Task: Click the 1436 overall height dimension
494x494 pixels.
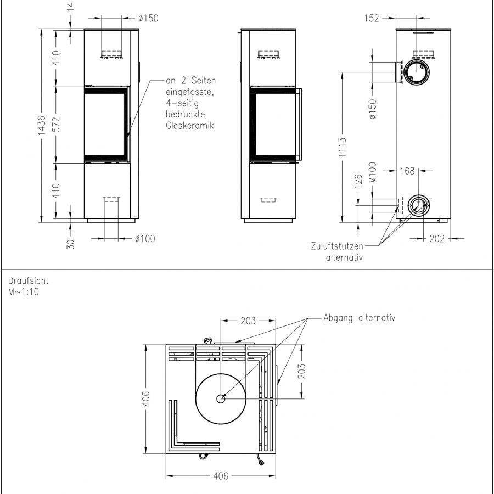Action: coord(42,125)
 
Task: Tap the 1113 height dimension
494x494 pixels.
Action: coord(342,147)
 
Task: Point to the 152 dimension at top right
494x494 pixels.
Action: coord(372,18)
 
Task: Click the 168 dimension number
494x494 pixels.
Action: coord(407,171)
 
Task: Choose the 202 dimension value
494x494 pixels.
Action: coord(437,239)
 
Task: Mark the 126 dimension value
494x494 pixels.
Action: coord(358,182)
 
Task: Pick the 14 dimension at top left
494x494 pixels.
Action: coord(70,7)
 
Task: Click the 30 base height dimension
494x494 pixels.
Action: coord(70,244)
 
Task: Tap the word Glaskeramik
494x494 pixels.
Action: coord(190,125)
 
